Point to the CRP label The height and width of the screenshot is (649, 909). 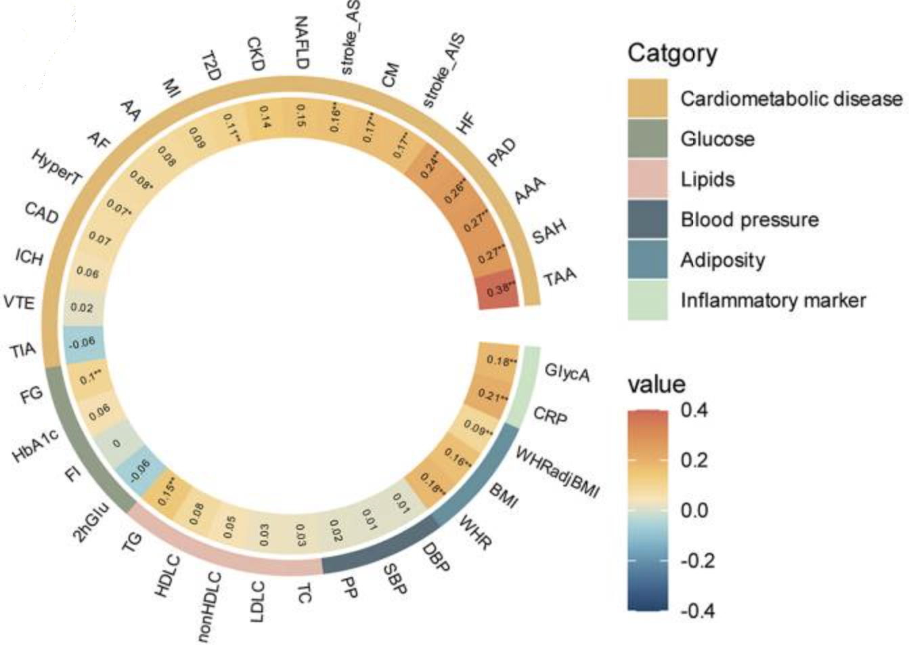click(550, 415)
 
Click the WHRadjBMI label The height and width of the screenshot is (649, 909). click(556, 472)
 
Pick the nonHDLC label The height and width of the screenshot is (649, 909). click(208, 606)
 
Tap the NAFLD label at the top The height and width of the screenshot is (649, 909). click(301, 43)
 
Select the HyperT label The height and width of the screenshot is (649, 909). click(56, 167)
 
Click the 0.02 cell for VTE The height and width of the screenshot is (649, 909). click(82, 308)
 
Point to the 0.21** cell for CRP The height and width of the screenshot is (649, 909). click(493, 395)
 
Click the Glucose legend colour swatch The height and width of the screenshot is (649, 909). click(647, 139)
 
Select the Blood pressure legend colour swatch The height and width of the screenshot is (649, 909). click(647, 219)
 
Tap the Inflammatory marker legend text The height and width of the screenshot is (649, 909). click(773, 300)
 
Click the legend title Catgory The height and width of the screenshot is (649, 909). click(672, 53)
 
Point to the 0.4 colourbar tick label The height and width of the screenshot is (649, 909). click(694, 410)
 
